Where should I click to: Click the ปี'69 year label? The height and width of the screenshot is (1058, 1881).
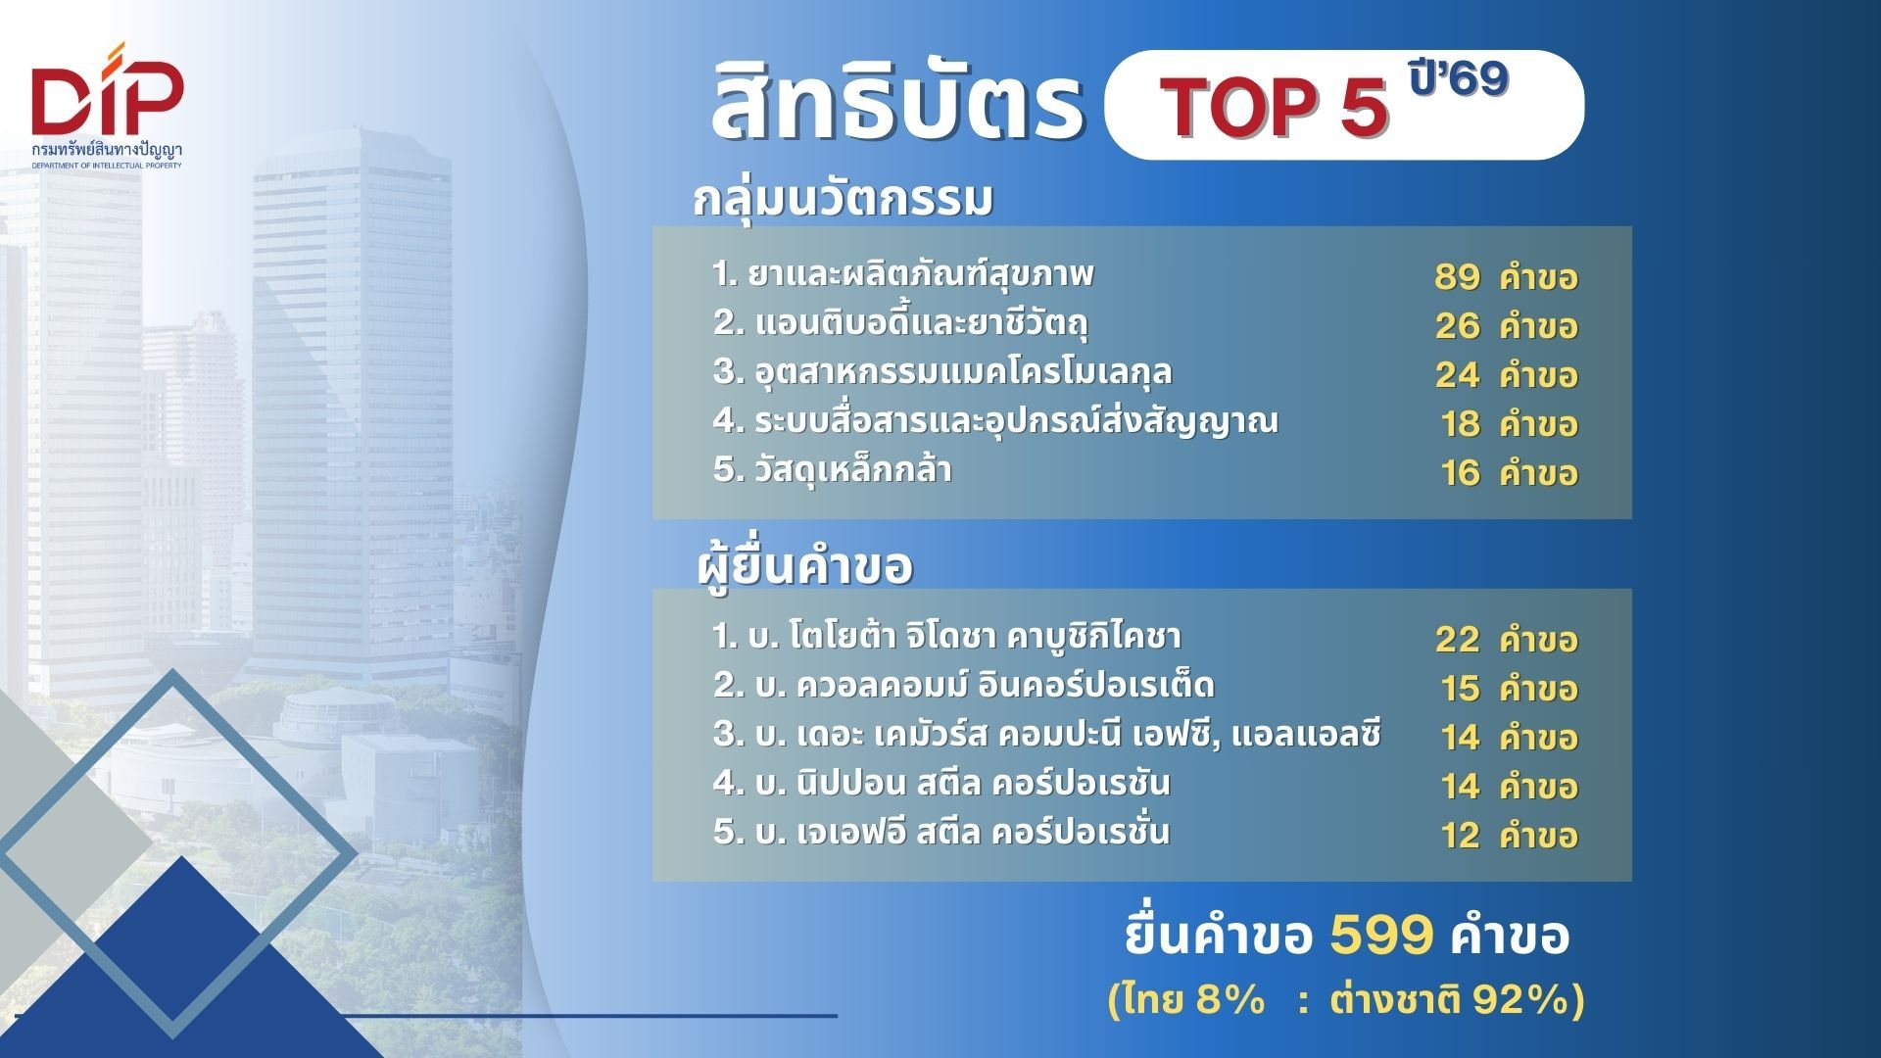point(1459,76)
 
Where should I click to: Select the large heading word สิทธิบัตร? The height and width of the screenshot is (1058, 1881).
point(896,100)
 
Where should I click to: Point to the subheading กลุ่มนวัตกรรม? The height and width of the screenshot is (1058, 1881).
point(844,198)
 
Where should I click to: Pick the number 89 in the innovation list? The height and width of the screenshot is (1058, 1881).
point(1457,277)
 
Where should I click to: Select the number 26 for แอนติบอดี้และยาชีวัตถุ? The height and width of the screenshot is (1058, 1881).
point(1457,326)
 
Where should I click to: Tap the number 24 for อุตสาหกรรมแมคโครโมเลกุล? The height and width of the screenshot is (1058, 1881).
point(1457,375)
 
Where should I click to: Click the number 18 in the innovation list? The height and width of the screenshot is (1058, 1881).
point(1460,424)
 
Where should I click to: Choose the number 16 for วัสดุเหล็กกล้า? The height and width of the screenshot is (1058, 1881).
point(1460,473)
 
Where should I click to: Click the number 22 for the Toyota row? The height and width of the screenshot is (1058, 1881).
point(1457,640)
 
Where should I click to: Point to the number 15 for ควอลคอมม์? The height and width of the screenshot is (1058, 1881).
point(1460,689)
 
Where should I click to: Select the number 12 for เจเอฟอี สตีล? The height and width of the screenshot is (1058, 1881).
point(1460,836)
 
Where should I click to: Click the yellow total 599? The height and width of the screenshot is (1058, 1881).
point(1382,936)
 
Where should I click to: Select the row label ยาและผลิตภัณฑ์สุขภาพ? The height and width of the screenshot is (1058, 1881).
point(920,274)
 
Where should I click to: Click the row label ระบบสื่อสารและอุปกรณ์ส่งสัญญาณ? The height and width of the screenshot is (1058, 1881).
point(1017,421)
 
